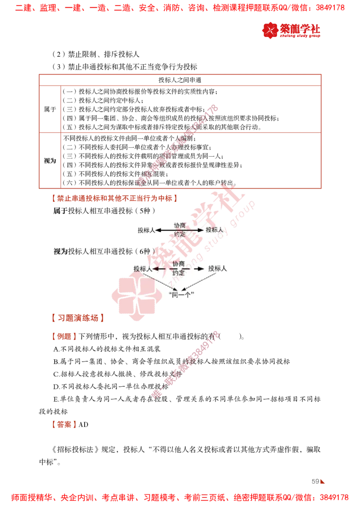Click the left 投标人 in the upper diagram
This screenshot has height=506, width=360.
(147, 230)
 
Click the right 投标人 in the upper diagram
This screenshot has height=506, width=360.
(214, 230)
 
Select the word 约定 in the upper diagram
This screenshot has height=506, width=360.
(180, 235)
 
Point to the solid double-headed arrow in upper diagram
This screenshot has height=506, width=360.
(180, 230)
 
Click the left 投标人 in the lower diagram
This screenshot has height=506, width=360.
(143, 268)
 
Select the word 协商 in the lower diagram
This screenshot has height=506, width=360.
(180, 263)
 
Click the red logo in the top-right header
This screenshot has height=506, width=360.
(291, 31)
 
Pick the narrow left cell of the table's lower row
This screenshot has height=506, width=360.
(50, 159)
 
